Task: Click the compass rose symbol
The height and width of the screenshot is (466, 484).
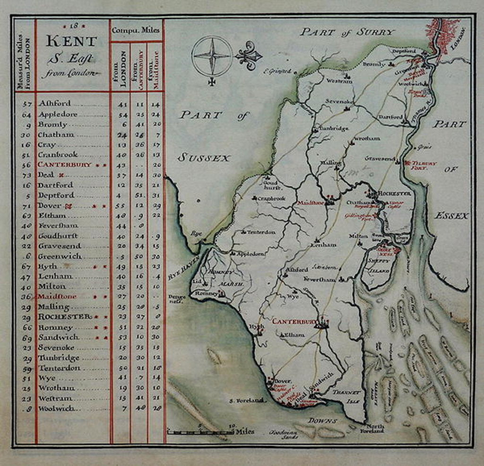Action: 212,56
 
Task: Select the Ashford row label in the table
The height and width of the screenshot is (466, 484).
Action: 55,103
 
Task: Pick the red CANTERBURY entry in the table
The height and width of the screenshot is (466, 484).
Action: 64,164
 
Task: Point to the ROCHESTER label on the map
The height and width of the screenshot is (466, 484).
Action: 394,193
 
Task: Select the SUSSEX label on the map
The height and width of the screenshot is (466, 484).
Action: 204,158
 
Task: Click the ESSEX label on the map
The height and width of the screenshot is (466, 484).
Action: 451,216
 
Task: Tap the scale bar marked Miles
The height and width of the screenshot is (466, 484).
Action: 203,431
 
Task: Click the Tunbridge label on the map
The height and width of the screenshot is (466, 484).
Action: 334,129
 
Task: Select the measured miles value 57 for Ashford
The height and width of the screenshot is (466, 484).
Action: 27,103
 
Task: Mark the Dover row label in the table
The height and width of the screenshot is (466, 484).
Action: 50,206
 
